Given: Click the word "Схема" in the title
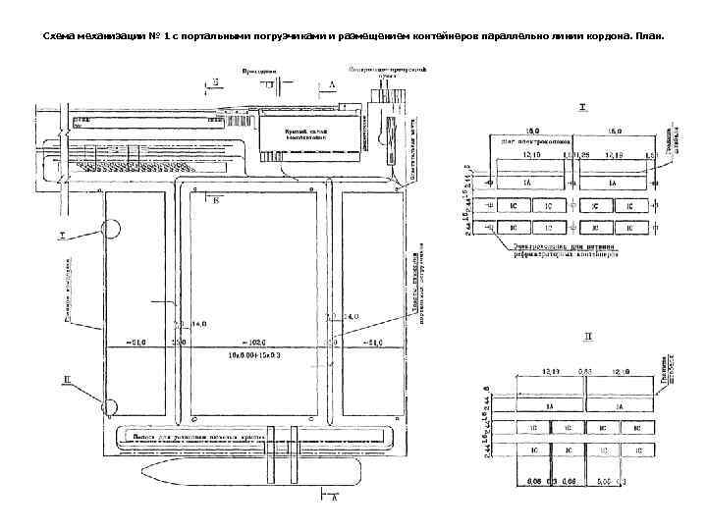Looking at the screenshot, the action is pyautogui.click(x=62, y=36).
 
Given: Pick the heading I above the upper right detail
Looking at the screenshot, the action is pyautogui.click(x=582, y=105).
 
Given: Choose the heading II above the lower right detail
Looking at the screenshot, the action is pyautogui.click(x=588, y=336).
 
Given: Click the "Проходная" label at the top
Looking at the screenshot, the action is pyautogui.click(x=259, y=71).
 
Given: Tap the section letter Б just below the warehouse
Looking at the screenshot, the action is pyautogui.click(x=217, y=200).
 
